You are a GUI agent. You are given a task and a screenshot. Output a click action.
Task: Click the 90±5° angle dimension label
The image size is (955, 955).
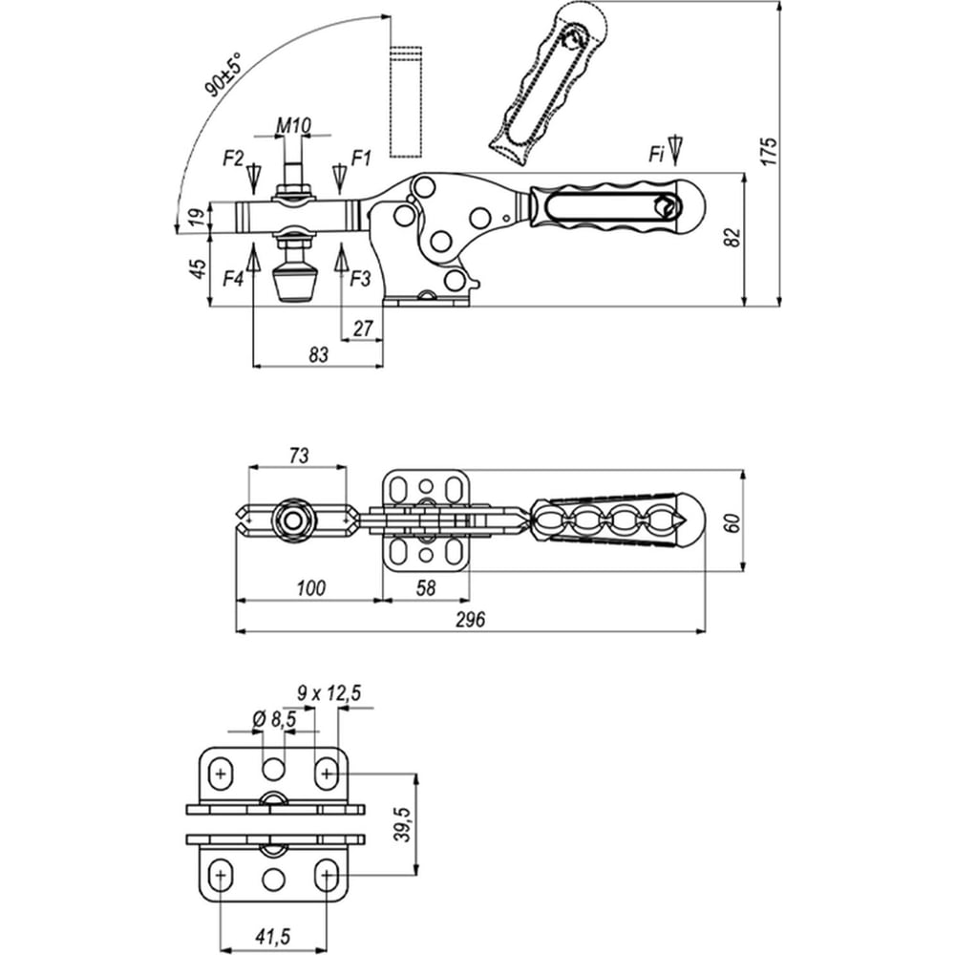[x=223, y=74]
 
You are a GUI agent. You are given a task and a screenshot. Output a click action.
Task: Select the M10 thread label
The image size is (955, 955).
[x=293, y=125]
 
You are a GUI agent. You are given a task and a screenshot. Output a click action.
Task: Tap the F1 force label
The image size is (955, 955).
[x=361, y=159]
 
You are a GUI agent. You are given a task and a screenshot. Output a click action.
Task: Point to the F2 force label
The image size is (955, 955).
[x=233, y=159]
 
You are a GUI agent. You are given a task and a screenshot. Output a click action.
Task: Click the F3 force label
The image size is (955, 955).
[x=361, y=279]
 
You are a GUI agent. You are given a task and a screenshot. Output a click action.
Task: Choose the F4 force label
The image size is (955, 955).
[x=233, y=280]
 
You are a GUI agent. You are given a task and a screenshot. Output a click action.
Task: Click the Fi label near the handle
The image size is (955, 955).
[x=655, y=155]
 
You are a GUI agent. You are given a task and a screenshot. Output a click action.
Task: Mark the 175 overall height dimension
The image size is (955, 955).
[x=770, y=152]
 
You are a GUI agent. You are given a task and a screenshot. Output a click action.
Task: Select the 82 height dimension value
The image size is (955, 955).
[x=732, y=237]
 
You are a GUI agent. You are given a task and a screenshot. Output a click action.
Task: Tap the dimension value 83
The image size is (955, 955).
[x=319, y=354]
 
